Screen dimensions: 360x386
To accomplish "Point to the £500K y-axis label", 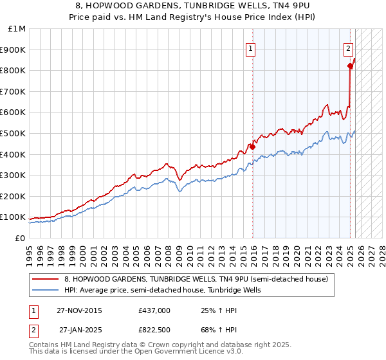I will pyautogui.click(x=15, y=133).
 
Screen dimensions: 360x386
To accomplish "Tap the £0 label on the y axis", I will pyautogui.click(x=20, y=238).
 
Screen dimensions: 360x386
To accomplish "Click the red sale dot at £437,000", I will pyautogui.click(x=253, y=147).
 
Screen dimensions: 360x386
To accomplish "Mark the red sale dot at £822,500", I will pyautogui.click(x=350, y=66).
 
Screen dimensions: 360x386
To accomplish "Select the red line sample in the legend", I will pyautogui.click(x=46, y=279).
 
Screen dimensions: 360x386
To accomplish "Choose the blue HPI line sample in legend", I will pyautogui.click(x=46, y=291).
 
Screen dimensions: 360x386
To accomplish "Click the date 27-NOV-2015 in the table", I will pyautogui.click(x=79, y=310).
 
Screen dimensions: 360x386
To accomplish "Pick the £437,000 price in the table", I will pyautogui.click(x=154, y=310).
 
